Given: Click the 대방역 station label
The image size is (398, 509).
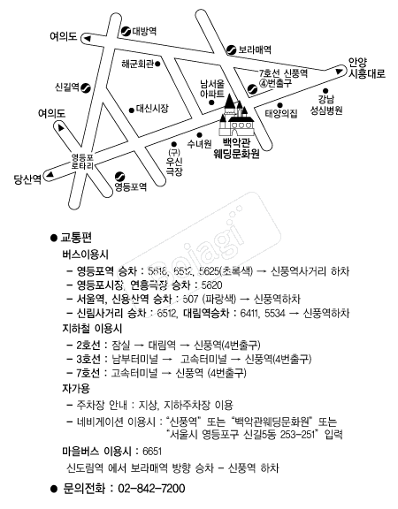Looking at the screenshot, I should [x=144, y=31].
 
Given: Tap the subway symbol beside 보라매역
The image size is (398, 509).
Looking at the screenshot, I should [x=229, y=49].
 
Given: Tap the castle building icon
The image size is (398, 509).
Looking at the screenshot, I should [x=234, y=111].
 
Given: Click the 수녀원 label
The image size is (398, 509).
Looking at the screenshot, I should [x=200, y=143].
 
